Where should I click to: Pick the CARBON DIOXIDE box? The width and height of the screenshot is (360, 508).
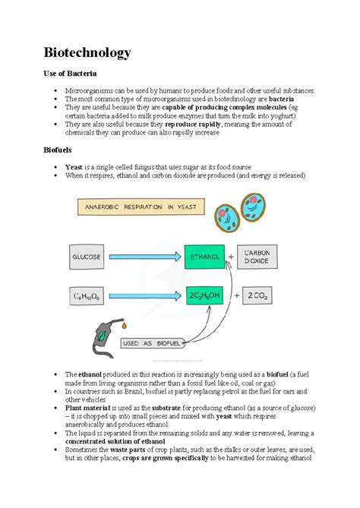click(263, 257)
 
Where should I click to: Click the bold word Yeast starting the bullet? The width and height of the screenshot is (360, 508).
click(74, 166)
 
